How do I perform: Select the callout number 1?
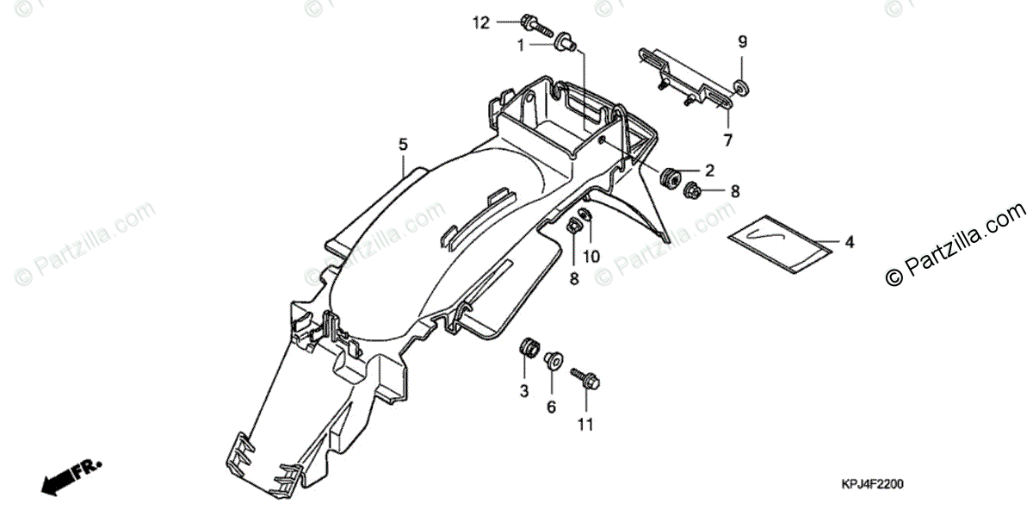(521, 45)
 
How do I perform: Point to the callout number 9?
(742, 41)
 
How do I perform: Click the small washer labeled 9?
(739, 86)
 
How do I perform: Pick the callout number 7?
(727, 140)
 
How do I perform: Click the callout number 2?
(710, 170)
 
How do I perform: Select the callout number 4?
(849, 244)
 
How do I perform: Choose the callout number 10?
(591, 256)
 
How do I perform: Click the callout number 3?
(523, 392)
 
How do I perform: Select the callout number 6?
(552, 407)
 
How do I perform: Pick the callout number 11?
(585, 424)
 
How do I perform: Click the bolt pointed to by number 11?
(585, 378)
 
